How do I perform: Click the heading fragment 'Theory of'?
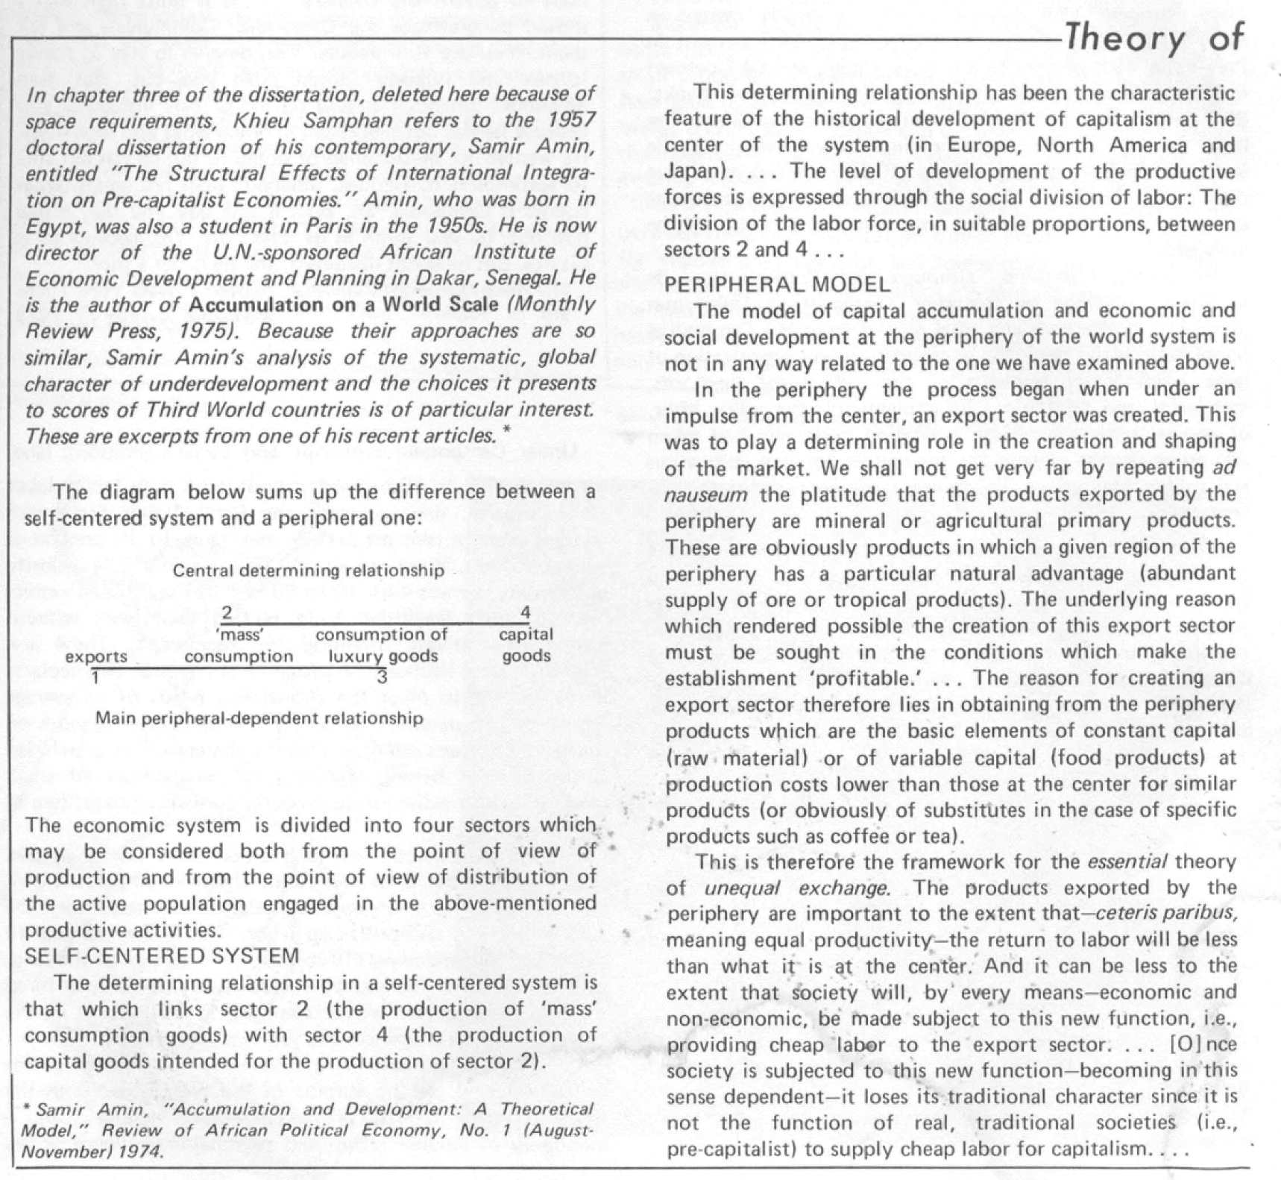pos(1155,37)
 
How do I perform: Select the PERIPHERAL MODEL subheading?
pos(777,284)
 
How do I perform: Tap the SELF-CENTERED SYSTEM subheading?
pos(162,955)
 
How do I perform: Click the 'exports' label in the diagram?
pos(96,656)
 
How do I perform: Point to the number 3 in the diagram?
pos(382,678)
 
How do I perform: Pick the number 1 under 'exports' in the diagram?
pos(95,678)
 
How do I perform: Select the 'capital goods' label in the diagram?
pos(526,645)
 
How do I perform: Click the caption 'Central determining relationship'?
pos(308,571)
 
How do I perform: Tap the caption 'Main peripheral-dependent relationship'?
pos(259,718)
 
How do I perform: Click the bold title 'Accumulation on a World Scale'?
pos(343,304)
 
